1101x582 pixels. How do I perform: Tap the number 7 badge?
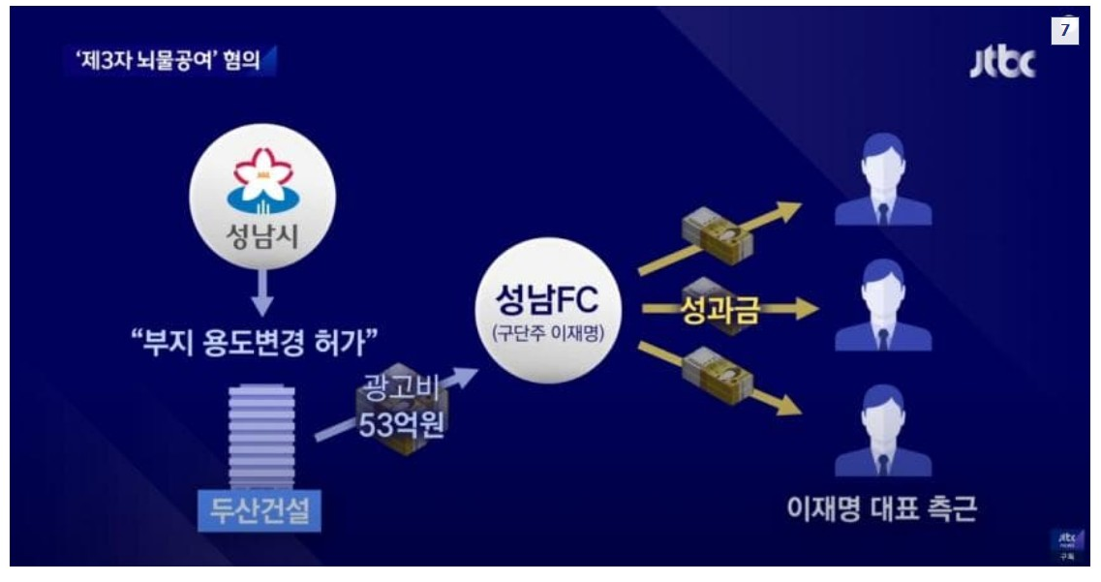coord(1064,30)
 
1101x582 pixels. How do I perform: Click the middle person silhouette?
coord(882,307)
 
